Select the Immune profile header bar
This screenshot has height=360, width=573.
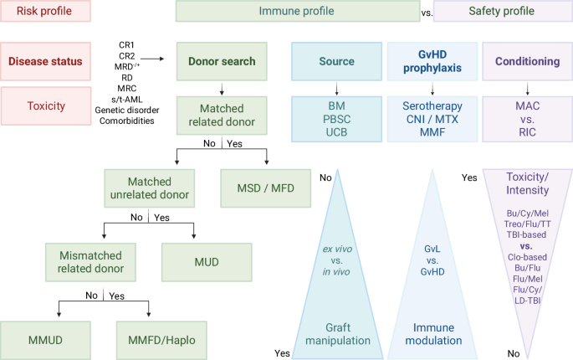click(297, 12)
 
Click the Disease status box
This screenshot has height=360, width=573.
click(45, 61)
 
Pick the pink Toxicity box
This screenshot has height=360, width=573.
click(45, 107)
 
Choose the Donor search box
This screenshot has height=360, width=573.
click(221, 61)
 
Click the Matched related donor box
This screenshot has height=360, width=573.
click(221, 118)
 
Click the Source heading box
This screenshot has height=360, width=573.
click(335, 61)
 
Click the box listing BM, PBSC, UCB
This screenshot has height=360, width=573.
click(335, 118)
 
